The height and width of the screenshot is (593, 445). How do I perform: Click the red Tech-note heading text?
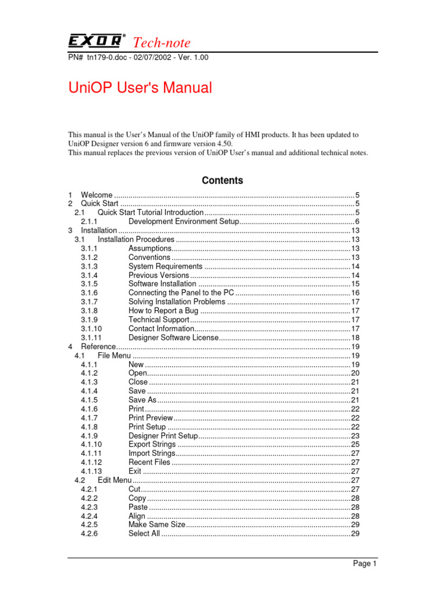point(162,42)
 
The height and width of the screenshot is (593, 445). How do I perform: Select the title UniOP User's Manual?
point(140,88)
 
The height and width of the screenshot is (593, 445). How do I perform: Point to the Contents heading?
point(222,181)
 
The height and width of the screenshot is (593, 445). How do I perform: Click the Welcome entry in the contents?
point(97,195)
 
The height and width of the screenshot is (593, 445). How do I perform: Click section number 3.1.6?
point(89,293)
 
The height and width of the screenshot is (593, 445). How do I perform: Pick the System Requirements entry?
point(165,266)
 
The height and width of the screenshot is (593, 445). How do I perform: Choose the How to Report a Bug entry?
point(164,311)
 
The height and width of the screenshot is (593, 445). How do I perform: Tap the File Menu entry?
point(114,356)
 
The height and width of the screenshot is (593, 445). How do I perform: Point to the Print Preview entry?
point(151,418)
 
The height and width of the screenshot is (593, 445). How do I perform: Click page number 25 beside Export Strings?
point(356,444)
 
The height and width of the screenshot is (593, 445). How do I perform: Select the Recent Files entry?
point(149,462)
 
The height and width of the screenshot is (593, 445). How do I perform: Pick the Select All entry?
point(144,533)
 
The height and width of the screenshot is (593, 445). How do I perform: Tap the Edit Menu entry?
point(115,480)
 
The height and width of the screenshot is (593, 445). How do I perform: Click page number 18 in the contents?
point(356,338)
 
